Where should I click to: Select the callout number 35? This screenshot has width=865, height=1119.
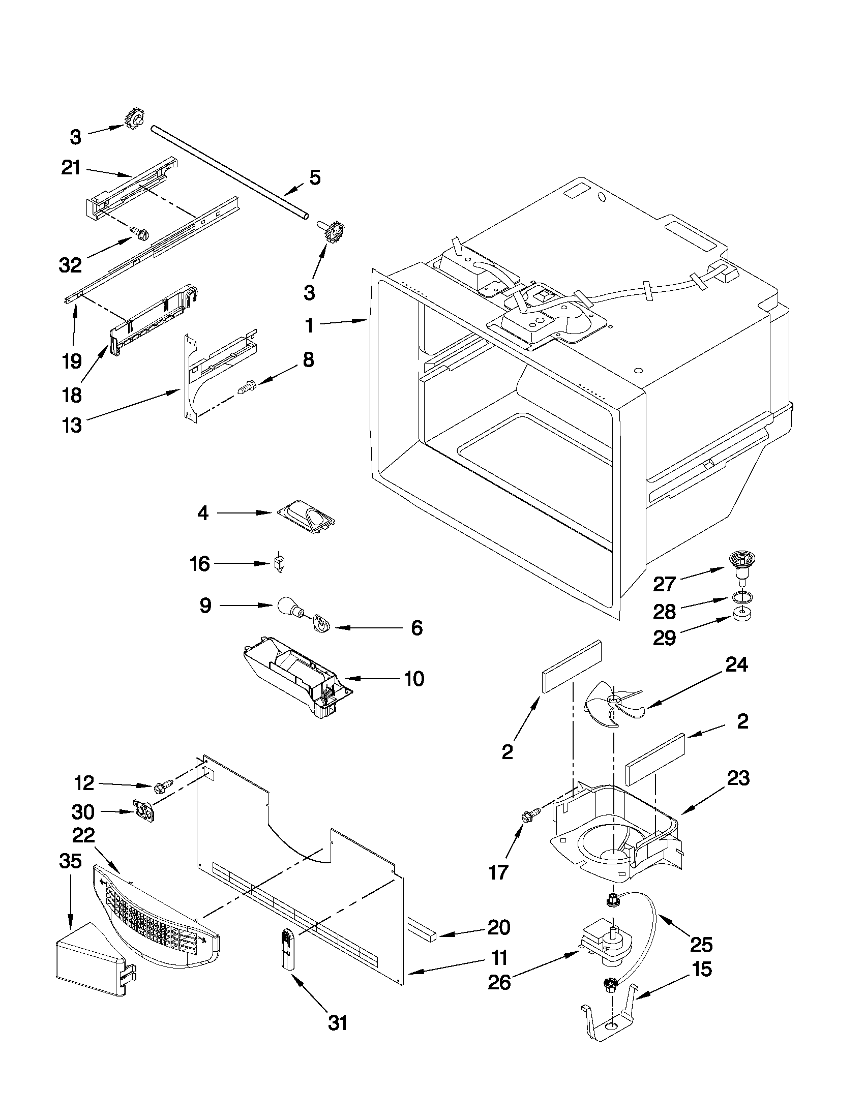70,861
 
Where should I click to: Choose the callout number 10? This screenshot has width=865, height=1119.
414,679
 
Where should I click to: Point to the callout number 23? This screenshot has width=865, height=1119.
738,778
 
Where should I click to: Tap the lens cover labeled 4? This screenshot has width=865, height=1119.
306,517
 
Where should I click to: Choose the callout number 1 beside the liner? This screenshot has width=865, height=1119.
309,325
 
